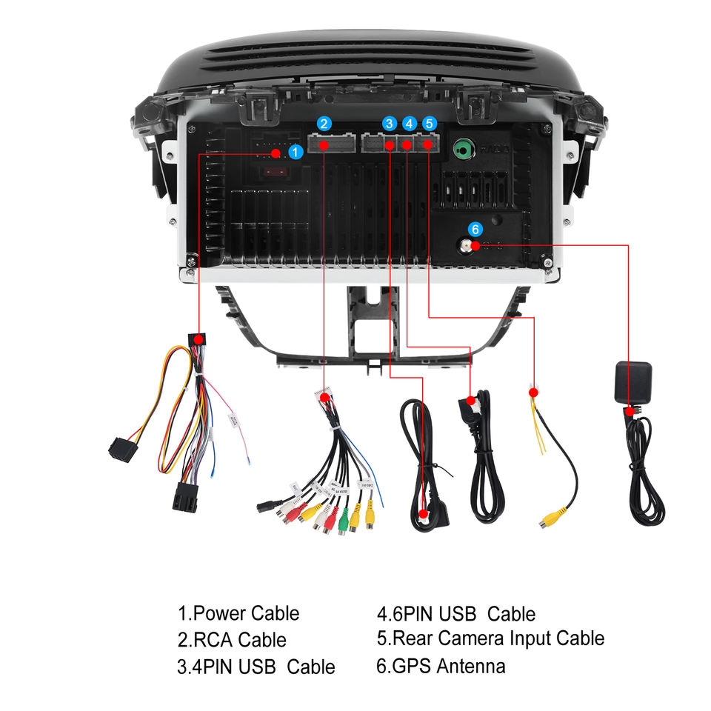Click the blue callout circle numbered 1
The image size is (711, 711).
[x=296, y=152]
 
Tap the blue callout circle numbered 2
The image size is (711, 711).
[x=324, y=124]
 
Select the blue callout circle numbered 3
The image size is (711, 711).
[x=390, y=124]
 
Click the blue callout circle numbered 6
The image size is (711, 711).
[x=475, y=229]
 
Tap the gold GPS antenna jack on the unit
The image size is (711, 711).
[x=465, y=246]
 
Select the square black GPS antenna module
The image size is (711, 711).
[x=632, y=381]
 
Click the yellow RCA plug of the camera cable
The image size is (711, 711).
[x=553, y=518]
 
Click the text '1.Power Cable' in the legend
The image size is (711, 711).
[x=238, y=613]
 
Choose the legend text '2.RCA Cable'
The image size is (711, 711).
[x=232, y=639]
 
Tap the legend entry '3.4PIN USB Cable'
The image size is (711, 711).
[x=256, y=666]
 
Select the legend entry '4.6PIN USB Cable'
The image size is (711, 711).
[x=455, y=613]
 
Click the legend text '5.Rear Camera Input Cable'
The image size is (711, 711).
[x=490, y=638]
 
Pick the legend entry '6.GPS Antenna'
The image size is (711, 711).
[x=441, y=666]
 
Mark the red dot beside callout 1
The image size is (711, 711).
[x=276, y=153]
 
